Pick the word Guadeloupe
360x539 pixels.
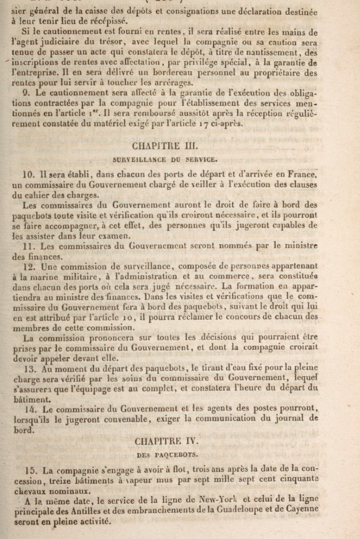point(251,509)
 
